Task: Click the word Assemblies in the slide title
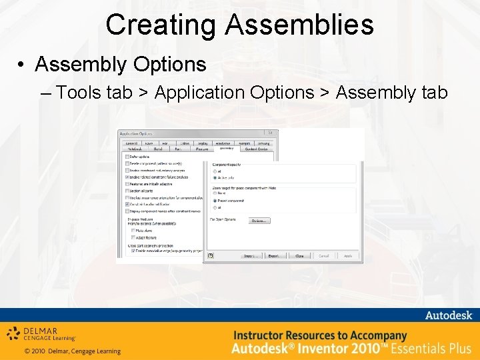coord(299,25)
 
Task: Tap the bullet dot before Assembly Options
coord(22,65)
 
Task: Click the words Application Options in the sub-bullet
coord(234,93)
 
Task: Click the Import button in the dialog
coord(251,255)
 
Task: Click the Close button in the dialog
coord(299,255)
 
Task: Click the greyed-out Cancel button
coord(323,255)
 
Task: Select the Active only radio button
coord(215,177)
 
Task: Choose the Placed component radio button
coord(215,200)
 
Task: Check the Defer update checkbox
coord(127,157)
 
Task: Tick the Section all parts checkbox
coord(127,191)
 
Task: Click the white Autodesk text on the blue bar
coord(448,315)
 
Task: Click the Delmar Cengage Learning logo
coord(41,333)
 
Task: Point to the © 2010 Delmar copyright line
coord(72,351)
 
